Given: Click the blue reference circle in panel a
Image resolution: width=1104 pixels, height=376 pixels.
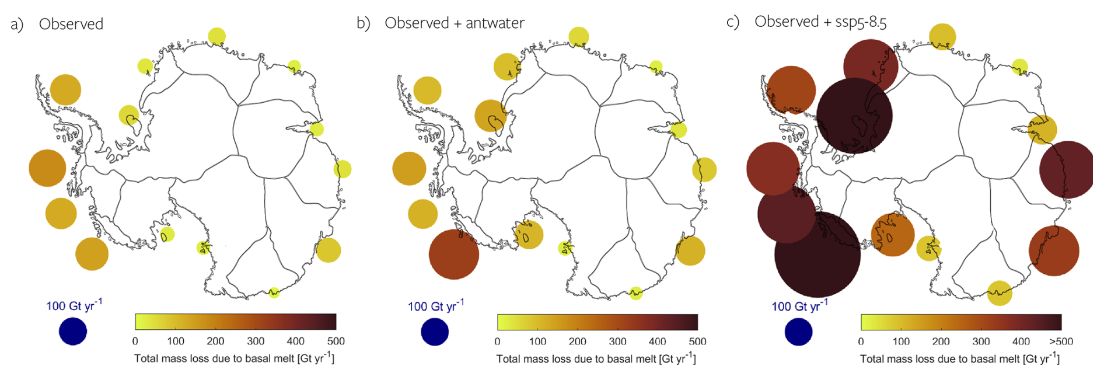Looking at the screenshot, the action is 73,331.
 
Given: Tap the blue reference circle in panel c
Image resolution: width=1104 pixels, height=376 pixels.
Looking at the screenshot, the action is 798,331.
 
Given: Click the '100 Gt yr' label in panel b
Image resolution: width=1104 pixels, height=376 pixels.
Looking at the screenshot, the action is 435,305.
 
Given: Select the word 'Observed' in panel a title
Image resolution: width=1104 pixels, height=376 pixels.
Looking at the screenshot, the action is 71,24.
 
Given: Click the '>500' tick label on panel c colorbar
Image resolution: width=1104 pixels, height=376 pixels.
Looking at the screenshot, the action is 1061,342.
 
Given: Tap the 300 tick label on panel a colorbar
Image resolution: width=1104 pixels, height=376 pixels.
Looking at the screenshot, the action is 256,341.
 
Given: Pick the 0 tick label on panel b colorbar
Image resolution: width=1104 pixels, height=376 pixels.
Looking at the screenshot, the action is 497,342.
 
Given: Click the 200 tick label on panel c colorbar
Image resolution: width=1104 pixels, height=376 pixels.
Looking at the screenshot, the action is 941,342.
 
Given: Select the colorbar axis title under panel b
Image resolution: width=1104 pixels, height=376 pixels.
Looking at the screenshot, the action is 596,358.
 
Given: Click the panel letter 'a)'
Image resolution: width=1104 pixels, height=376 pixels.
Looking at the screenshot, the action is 17,25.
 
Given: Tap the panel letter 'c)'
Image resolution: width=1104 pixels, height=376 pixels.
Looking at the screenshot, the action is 733,22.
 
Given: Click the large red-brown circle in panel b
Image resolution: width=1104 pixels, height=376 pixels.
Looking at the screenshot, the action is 454,255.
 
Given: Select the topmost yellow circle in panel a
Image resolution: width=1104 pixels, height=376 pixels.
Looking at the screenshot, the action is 216,36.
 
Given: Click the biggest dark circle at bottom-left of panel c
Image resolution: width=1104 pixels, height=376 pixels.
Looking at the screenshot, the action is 817,255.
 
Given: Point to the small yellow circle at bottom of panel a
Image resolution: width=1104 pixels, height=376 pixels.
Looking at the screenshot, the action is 274,293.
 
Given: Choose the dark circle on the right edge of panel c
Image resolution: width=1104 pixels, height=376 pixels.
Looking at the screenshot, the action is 1066,169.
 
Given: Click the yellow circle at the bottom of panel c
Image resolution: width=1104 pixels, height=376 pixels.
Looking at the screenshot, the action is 1000,293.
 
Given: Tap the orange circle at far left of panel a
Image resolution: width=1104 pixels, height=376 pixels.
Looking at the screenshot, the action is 47,168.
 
